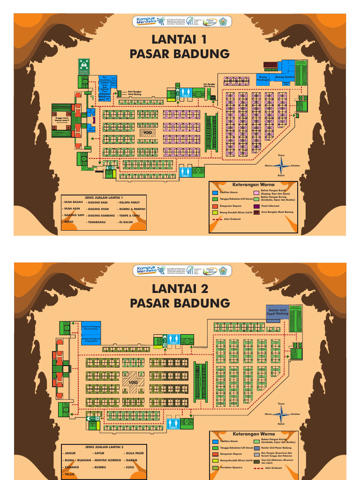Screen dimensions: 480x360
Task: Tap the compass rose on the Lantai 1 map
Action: click(282, 165)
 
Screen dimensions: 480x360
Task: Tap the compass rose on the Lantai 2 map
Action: click(282, 414)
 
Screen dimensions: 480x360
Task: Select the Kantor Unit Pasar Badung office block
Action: click(277, 312)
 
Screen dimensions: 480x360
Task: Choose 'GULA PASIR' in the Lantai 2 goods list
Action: click(133, 454)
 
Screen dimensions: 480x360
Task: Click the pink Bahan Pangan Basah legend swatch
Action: click(256, 192)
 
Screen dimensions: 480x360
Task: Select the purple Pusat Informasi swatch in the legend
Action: click(256, 206)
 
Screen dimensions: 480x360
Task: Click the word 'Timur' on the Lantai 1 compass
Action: click(281, 155)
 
